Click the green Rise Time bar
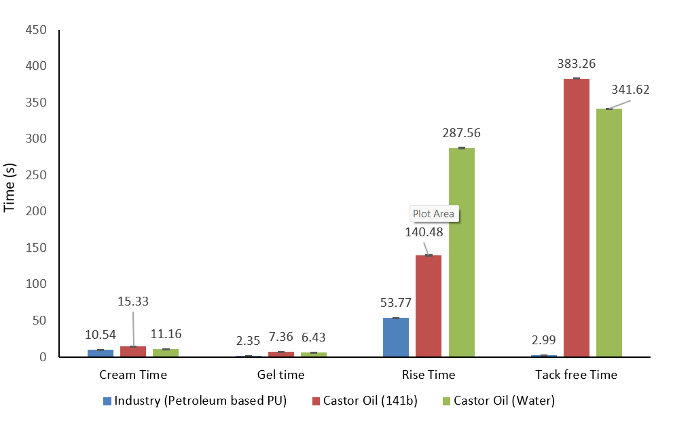click(x=462, y=252)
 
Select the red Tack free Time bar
click(x=577, y=217)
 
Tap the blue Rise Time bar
click(x=396, y=337)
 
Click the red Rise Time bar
click(x=429, y=306)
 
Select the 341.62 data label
click(x=631, y=90)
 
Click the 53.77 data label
click(x=395, y=303)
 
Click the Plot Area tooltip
click(x=434, y=214)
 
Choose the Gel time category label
click(x=281, y=375)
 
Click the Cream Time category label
click(x=133, y=375)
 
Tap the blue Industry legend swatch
click(x=107, y=401)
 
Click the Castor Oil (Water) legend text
click(x=504, y=401)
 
